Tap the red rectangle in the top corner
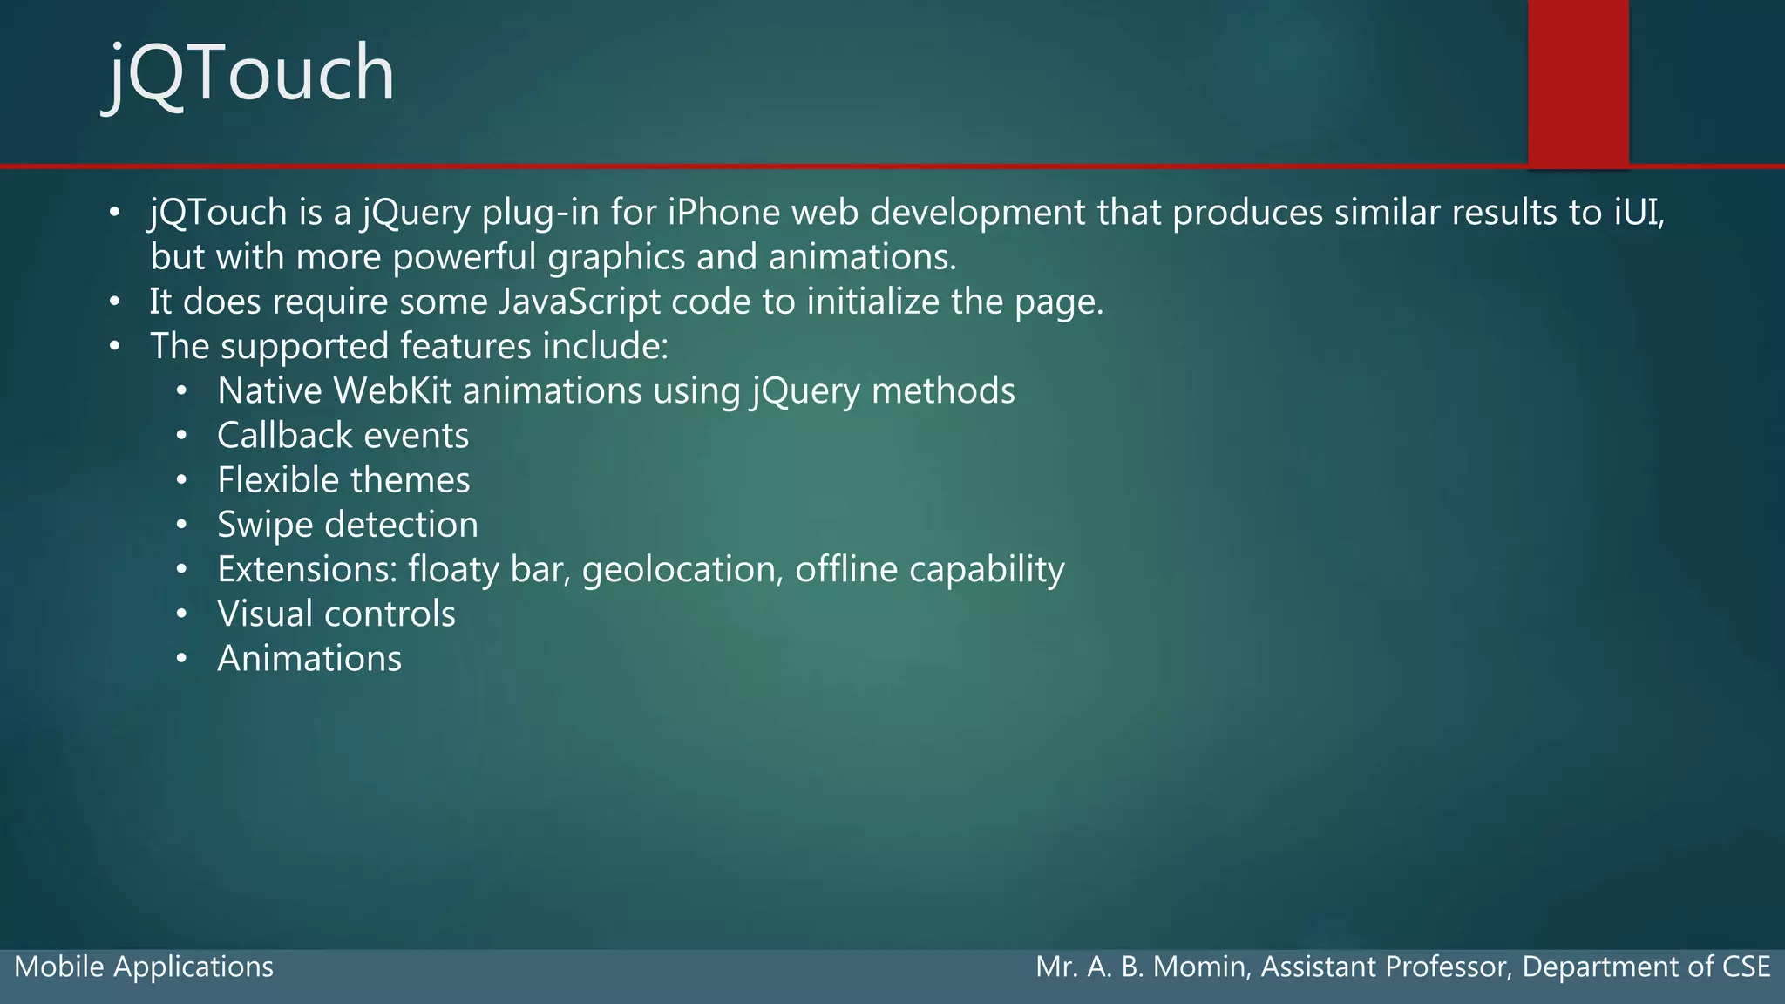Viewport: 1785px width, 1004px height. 1578,83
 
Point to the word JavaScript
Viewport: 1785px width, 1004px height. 580,302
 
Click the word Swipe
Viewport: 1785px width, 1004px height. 265,525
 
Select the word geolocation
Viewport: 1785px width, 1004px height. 681,570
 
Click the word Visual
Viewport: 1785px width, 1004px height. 265,614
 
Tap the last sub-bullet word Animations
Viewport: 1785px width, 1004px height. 309,659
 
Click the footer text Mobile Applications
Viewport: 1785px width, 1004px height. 144,967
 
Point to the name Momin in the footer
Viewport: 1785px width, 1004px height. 1199,967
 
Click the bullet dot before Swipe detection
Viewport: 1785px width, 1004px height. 181,525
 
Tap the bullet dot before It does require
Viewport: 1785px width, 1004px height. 114,302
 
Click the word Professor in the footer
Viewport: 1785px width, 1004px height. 1447,967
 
